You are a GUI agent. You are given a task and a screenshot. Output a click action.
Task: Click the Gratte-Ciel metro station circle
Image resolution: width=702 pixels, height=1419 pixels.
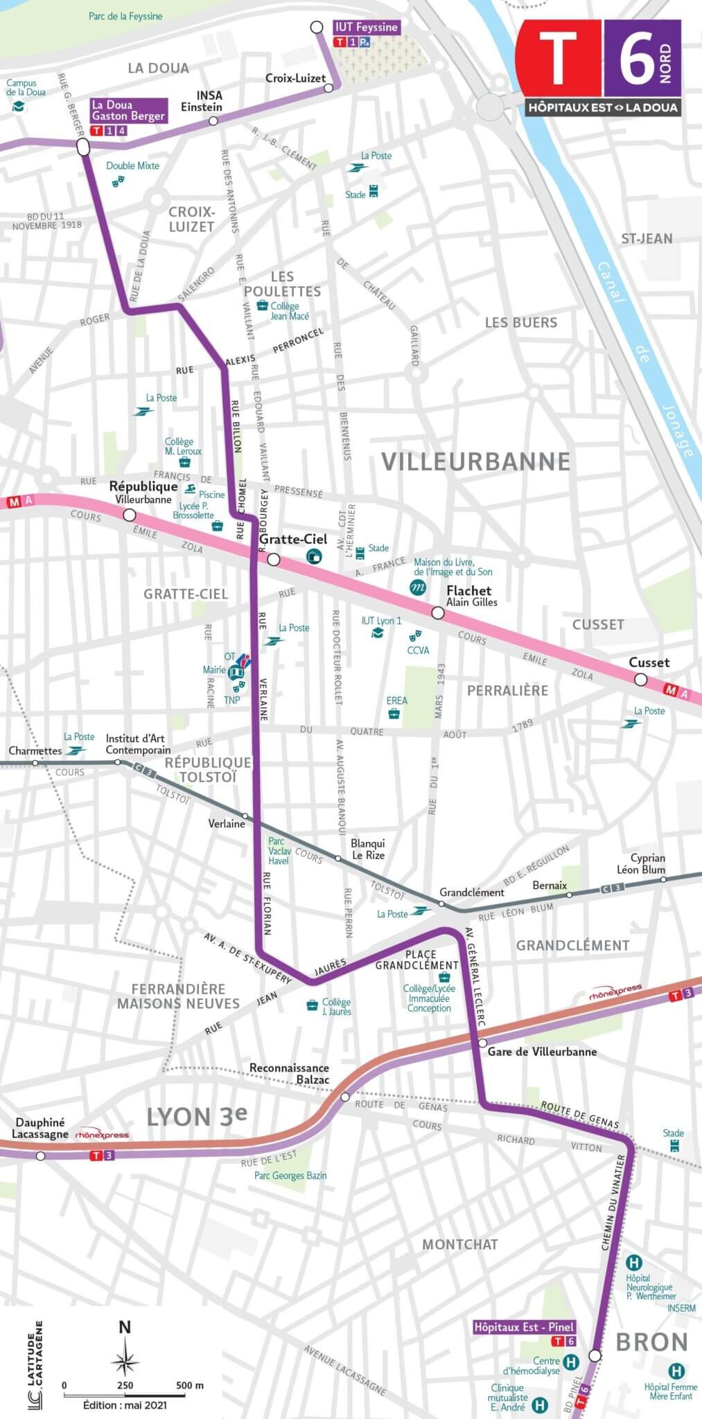(273, 559)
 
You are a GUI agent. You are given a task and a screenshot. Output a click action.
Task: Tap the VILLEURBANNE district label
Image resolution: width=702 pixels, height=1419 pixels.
(475, 461)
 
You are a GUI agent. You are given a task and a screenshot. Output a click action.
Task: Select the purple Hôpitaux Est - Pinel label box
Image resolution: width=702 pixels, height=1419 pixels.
(524, 1328)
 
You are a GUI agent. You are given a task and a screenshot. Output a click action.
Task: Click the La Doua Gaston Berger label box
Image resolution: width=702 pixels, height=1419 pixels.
(128, 111)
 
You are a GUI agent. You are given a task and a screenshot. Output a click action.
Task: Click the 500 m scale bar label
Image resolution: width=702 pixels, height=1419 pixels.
(190, 1386)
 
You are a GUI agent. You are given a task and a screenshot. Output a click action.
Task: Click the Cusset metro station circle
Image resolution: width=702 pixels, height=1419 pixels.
(641, 680)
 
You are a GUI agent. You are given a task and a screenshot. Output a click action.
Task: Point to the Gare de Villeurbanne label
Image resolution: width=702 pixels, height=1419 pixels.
(542, 1052)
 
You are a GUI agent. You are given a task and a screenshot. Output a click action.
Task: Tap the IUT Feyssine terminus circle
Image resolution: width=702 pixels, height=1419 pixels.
(317, 28)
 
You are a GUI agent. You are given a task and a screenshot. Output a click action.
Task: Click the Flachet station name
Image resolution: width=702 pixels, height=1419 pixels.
(469, 590)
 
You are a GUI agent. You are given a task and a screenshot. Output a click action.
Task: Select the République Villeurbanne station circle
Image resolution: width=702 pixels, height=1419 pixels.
(129, 515)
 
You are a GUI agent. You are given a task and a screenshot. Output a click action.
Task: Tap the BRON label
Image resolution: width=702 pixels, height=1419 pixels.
(651, 1342)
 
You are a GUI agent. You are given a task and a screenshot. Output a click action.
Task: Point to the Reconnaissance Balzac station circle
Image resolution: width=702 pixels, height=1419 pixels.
(345, 1097)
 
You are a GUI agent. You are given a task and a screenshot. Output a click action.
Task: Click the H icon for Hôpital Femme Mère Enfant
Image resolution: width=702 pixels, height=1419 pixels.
(676, 1370)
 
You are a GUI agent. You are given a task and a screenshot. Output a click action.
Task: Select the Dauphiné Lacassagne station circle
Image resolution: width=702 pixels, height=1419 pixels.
(41, 1156)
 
